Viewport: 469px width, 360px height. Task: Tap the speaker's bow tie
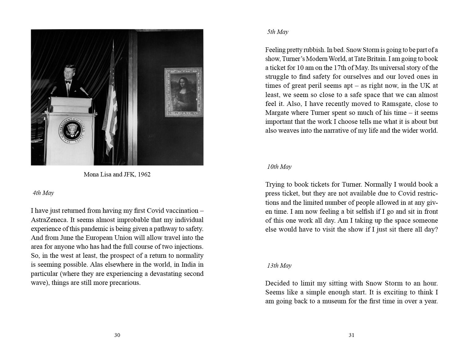coord(68,82)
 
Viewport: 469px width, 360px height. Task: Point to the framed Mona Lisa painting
coord(183,92)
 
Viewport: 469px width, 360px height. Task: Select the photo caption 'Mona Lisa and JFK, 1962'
coord(117,175)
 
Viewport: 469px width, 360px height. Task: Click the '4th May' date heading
coord(43,193)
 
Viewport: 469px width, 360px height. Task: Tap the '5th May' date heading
coord(278,32)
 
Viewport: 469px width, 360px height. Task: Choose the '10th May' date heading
coord(279,167)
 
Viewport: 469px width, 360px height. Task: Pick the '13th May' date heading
coord(279,266)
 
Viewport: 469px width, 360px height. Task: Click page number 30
coord(117,335)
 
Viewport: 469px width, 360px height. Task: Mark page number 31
coord(351,335)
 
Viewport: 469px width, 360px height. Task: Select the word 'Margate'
coord(277,113)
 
